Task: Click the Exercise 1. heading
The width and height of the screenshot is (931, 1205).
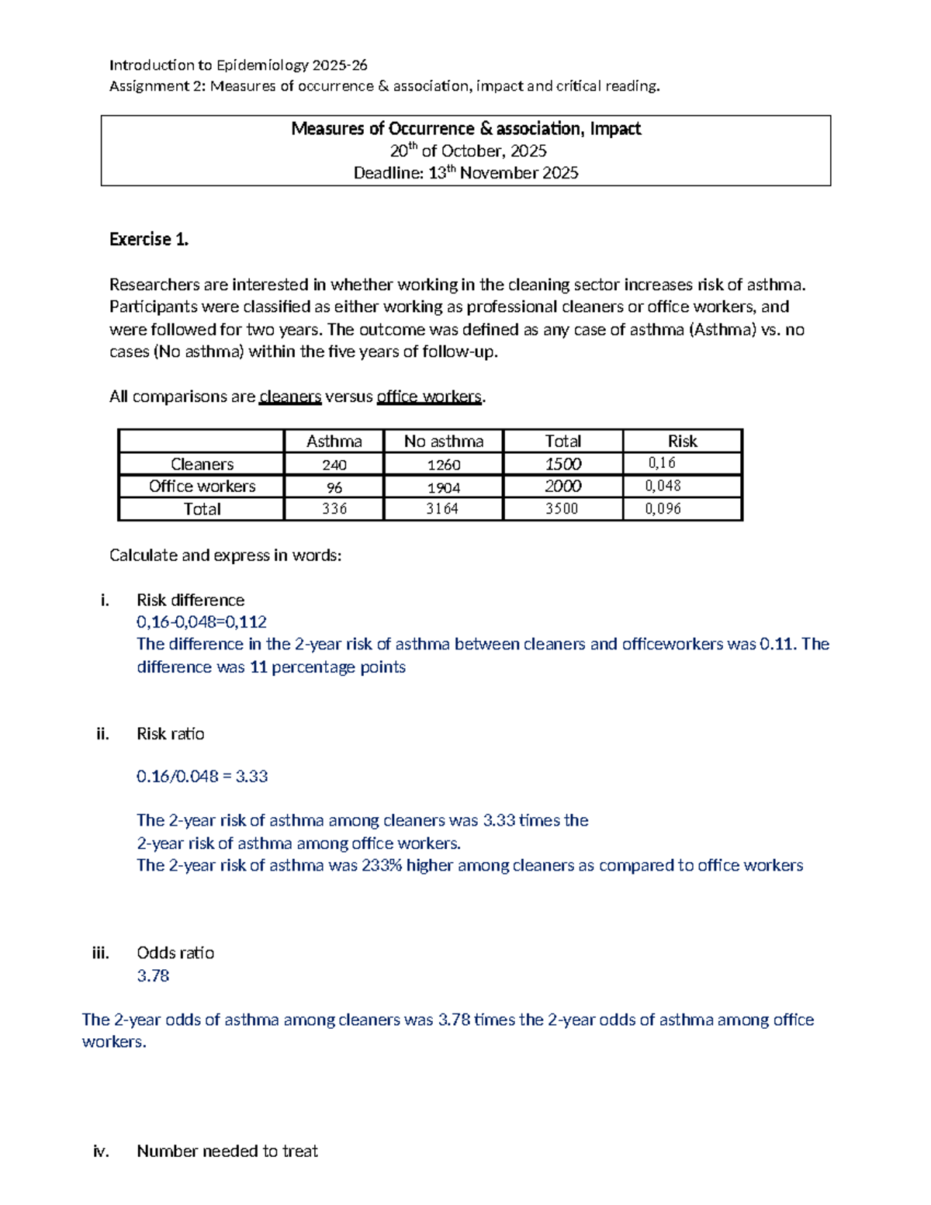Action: tap(149, 239)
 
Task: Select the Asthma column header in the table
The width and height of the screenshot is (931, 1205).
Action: tap(334, 441)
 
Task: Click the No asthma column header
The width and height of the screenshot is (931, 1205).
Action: tap(443, 441)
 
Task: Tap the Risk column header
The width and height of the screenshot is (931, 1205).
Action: tap(682, 441)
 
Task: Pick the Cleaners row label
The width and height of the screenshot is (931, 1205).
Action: tap(202, 464)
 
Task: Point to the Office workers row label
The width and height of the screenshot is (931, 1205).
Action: tap(202, 487)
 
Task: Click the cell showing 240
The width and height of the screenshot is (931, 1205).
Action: tap(334, 465)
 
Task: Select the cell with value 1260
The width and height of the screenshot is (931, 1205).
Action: tap(443, 465)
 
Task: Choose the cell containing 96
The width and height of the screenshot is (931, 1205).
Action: tap(334, 487)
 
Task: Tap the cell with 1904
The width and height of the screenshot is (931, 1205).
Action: tap(443, 487)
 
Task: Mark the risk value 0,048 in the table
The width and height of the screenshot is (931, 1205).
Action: tap(663, 486)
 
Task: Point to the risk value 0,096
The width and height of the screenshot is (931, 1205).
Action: tap(663, 509)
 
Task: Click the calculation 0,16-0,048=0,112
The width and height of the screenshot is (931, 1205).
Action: tap(202, 622)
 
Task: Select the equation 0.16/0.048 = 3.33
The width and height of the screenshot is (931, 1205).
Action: tap(202, 776)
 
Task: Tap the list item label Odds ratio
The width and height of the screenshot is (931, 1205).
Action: tap(175, 953)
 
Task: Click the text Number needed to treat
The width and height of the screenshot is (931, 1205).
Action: tap(227, 1151)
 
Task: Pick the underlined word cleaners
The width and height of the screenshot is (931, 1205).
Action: tap(290, 396)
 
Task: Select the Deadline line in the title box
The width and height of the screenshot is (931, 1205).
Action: tap(465, 173)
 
